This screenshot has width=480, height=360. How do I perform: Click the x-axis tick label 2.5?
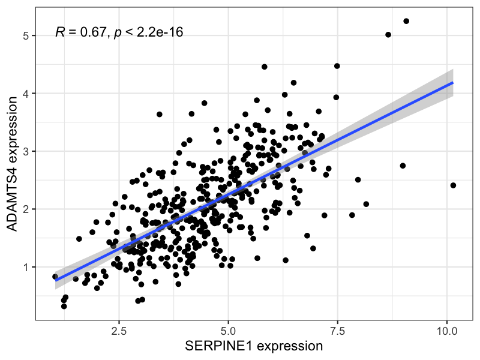119,331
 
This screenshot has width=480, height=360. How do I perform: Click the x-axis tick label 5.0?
228,331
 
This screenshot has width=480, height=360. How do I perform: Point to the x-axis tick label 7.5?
338,331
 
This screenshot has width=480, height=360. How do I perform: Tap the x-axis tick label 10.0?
447,331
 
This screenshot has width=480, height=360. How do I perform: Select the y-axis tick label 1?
26,267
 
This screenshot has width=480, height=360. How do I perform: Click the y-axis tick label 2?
26,209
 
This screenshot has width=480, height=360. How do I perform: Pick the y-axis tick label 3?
26,151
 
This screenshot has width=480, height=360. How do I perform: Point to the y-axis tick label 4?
26,94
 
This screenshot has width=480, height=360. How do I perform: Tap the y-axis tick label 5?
26,36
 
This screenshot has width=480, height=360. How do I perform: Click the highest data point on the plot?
406,21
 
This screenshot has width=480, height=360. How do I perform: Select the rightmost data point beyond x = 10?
453,185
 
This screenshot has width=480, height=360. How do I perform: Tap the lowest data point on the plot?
64,306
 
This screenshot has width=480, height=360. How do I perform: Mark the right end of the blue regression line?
452,83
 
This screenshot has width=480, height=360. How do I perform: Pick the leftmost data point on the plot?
55,277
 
